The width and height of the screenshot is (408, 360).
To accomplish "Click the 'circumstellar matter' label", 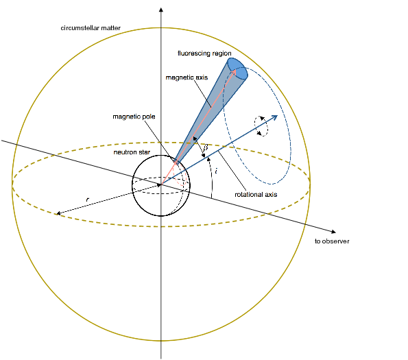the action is click(91, 28).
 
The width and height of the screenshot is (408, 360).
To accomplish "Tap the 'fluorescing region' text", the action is click(204, 53).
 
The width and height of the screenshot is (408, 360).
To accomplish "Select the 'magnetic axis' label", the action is click(187, 77).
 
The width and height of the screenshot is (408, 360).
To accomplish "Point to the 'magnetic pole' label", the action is click(134, 117).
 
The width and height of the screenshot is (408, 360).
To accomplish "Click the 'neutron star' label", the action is click(132, 152).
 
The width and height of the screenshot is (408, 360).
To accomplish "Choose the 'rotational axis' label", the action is click(256, 195).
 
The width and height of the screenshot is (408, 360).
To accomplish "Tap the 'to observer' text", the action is click(332, 241).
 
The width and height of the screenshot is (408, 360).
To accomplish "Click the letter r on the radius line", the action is click(88, 200).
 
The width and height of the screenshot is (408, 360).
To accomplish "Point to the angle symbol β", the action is click(206, 147).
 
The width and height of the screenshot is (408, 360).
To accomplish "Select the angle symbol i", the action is click(217, 171).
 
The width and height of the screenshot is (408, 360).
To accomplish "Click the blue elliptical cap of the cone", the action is click(237, 69).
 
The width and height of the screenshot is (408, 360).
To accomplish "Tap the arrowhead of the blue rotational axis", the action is click(274, 118).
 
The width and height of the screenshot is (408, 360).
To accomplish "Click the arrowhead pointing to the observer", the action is click(333, 232).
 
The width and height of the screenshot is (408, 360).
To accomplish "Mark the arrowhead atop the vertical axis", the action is click(161, 10).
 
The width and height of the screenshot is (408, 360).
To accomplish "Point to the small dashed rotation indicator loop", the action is click(261, 126).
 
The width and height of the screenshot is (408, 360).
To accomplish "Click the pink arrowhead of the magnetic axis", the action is click(233, 72).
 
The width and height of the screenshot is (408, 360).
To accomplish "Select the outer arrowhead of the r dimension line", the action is click(59, 213).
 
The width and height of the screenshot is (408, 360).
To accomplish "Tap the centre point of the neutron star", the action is click(161, 184).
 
